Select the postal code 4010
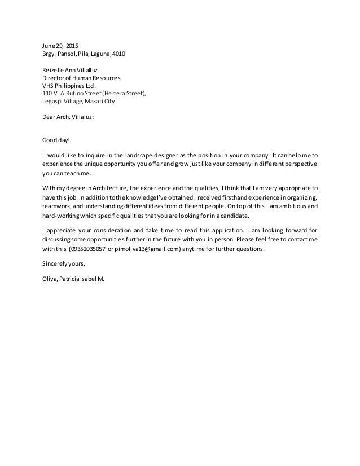(119, 55)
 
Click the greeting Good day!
(55, 140)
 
